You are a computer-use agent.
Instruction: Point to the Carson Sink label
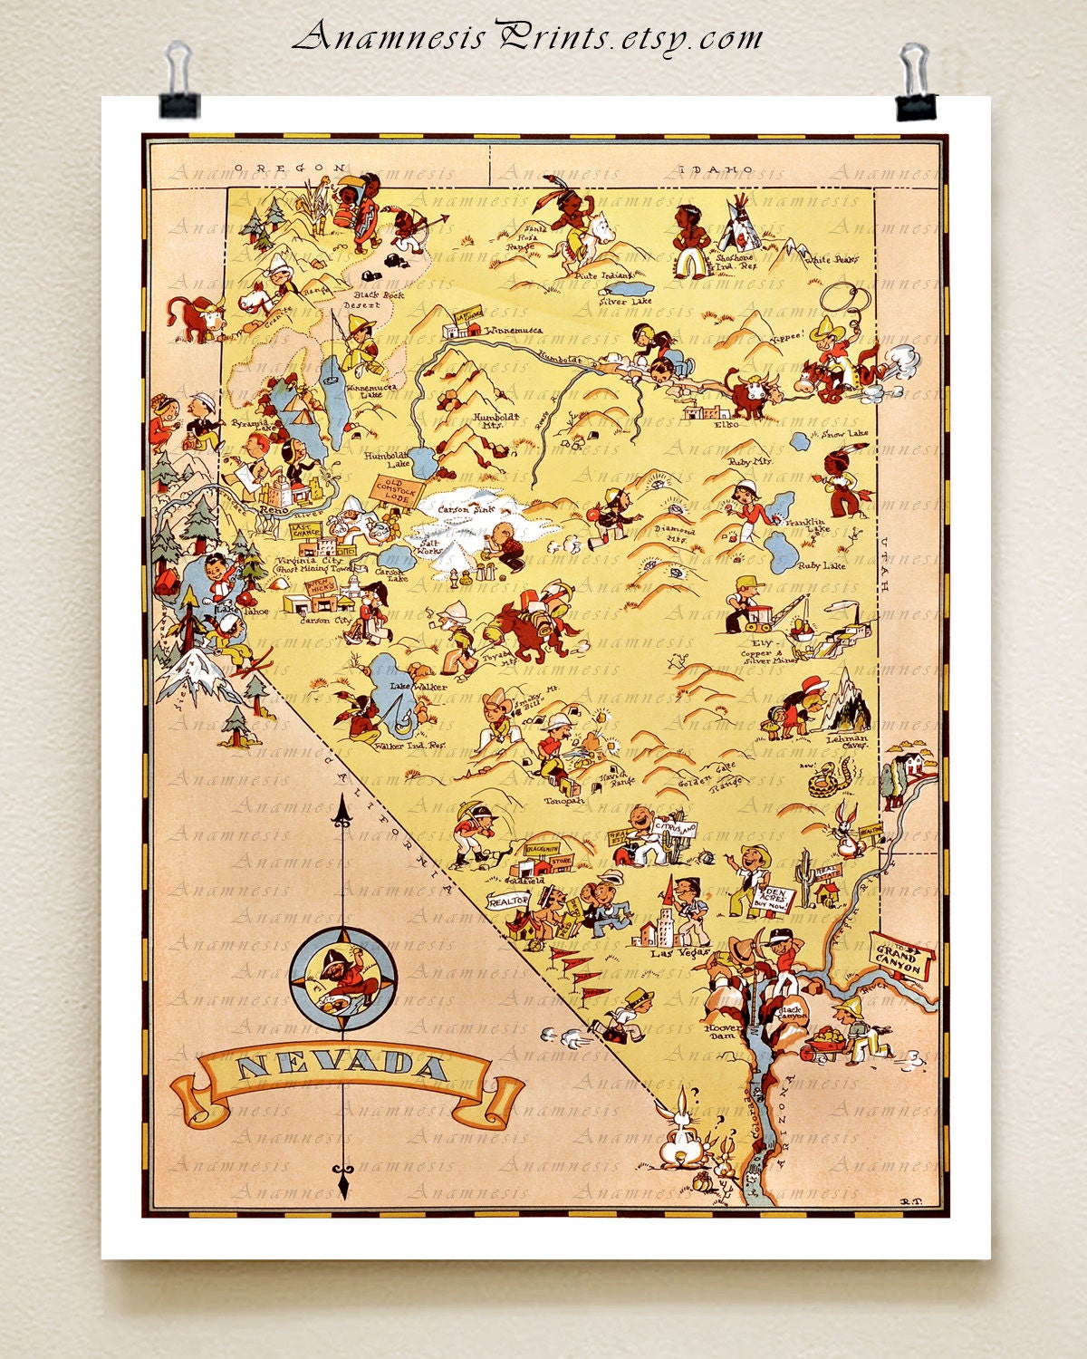point(467,510)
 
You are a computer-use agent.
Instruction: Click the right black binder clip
point(917,83)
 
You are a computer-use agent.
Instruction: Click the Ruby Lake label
point(822,565)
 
